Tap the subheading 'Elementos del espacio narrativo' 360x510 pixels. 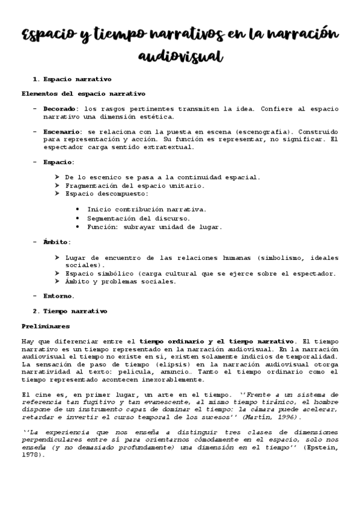(x=84, y=94)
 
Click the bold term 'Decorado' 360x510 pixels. (x=59, y=109)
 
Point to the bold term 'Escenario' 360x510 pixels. (x=62, y=131)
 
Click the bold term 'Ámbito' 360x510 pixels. (x=56, y=242)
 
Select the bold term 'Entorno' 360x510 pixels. (x=58, y=296)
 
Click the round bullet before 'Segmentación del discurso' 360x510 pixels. (x=78, y=218)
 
